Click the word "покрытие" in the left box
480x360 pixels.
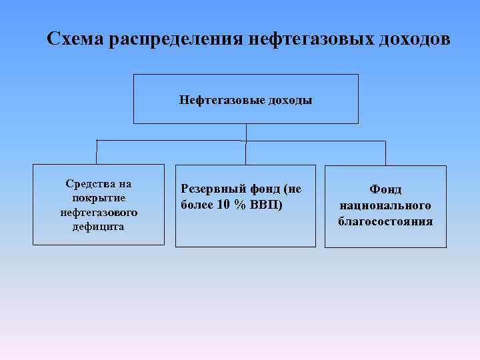pos(99,198)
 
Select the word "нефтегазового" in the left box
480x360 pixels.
pos(99,212)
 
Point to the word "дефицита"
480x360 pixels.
pos(99,227)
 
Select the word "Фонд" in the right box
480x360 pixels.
pos(385,190)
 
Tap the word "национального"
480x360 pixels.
pos(385,205)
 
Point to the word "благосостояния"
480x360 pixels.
pos(385,221)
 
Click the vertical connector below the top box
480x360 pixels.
pos(246,132)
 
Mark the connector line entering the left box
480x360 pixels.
pos(97,152)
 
